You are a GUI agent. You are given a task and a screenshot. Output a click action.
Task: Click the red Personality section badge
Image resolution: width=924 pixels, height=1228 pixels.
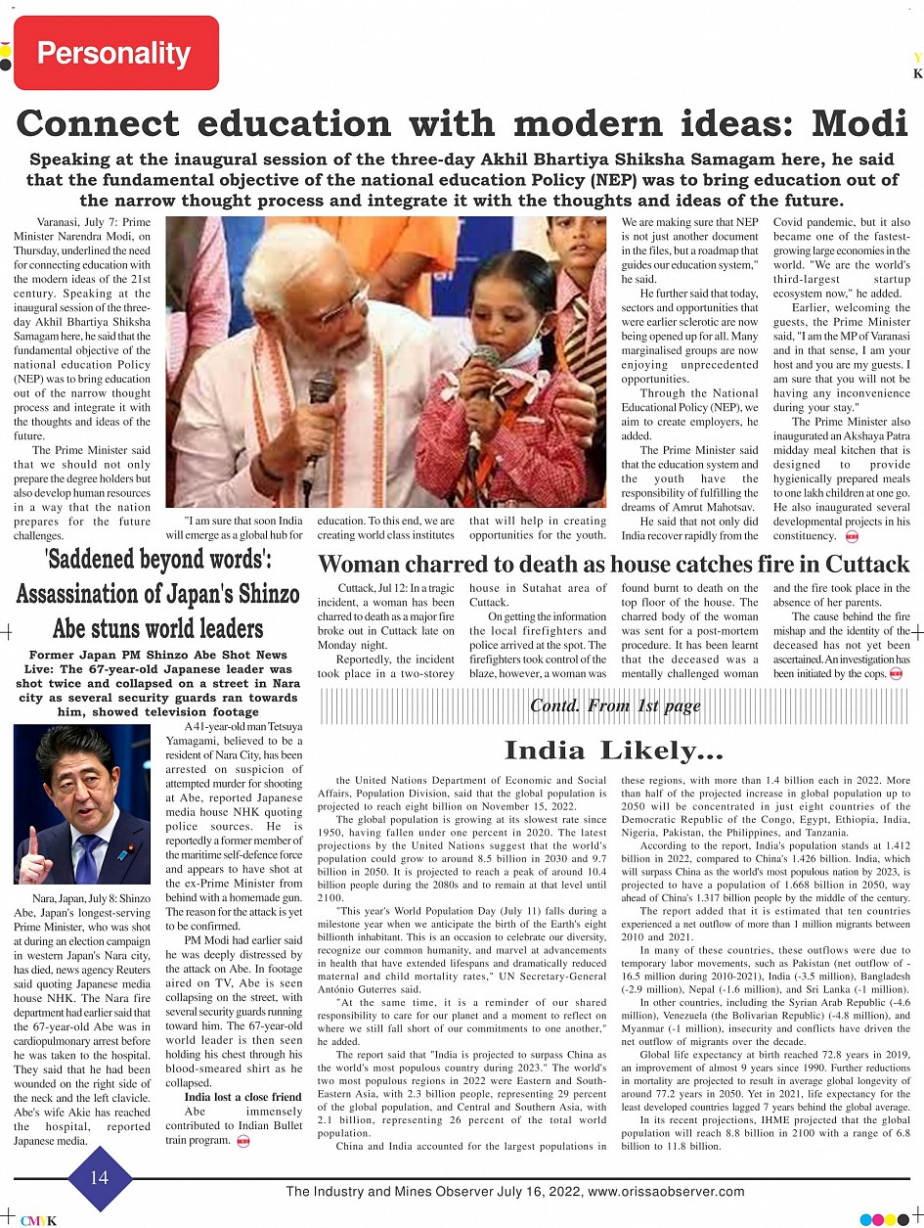pos(115,53)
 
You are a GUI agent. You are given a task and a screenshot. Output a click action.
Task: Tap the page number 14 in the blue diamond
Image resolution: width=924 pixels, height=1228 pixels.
pos(100,1177)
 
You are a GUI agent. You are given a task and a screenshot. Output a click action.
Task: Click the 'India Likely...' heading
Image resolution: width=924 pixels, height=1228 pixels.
pos(614,750)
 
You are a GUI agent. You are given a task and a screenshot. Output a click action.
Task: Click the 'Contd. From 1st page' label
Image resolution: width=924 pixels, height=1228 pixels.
pos(615,705)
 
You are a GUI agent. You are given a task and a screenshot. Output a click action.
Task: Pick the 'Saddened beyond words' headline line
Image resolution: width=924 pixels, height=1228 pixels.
pos(157,561)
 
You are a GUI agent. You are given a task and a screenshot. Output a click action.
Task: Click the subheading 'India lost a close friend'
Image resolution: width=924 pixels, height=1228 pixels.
pos(243,1097)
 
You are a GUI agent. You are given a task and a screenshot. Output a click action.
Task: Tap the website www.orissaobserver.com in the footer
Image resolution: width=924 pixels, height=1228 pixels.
pos(666,1192)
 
